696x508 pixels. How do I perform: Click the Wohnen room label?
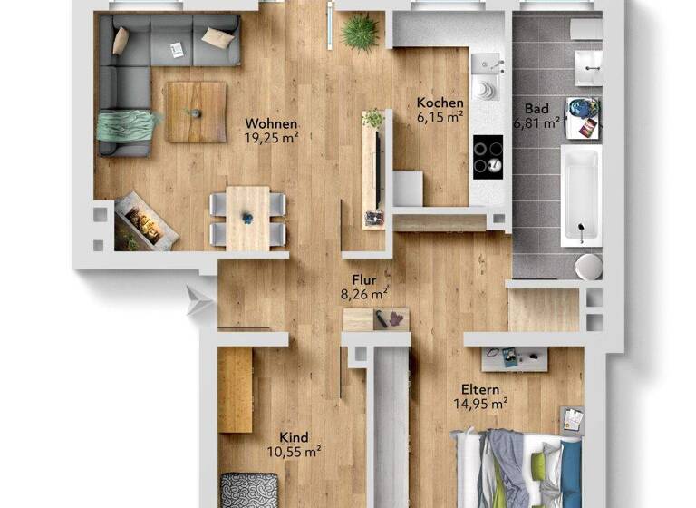[271, 124]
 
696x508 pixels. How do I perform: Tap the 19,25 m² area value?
[271, 138]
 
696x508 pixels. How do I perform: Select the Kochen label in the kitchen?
[440, 103]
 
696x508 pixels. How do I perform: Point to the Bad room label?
[536, 109]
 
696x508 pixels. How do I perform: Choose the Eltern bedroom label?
[479, 390]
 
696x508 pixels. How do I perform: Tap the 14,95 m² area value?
[480, 405]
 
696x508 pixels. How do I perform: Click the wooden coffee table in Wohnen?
[196, 112]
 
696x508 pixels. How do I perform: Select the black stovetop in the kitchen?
[488, 153]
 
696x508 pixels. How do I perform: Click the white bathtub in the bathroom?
[579, 194]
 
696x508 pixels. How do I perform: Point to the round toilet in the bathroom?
[588, 266]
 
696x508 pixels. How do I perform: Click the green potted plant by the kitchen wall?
[360, 33]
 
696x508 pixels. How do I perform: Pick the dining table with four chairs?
[247, 218]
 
